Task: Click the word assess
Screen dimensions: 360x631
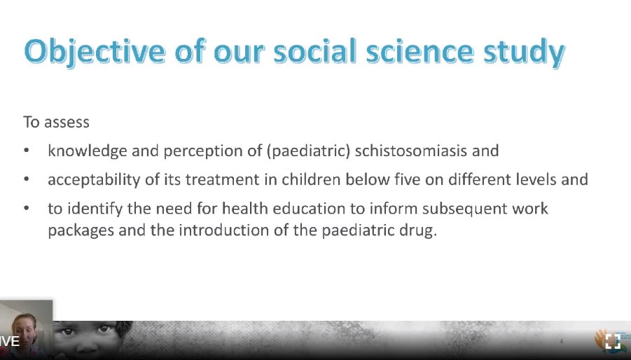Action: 67,122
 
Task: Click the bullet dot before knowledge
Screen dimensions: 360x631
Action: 27,151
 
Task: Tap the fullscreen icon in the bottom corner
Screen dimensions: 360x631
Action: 613,342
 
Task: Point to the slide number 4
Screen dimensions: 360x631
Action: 561,341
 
